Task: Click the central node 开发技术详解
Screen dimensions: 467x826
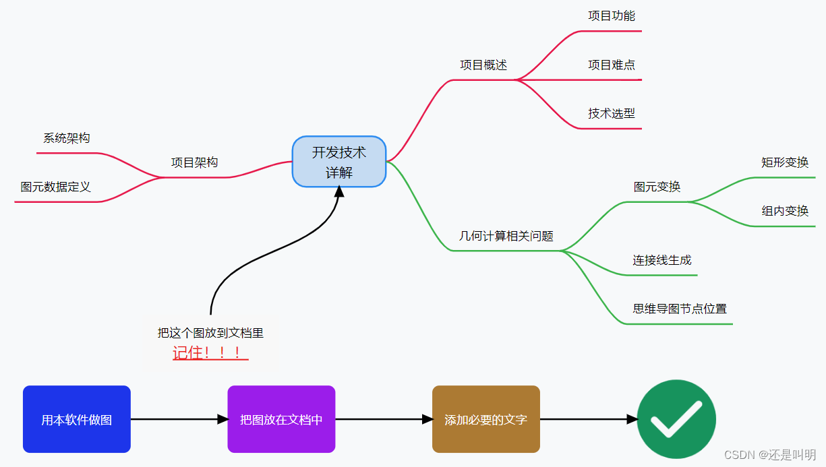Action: click(339, 162)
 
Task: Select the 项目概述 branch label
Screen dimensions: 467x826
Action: click(483, 65)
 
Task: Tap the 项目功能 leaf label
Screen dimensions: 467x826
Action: click(612, 15)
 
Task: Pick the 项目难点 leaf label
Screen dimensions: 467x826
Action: click(612, 65)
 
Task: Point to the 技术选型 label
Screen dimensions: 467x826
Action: click(612, 113)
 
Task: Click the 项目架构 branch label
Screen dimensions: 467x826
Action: click(194, 162)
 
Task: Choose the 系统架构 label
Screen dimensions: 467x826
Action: click(67, 138)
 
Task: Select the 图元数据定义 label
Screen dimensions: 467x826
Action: click(55, 187)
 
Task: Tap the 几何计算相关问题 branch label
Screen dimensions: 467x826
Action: click(506, 236)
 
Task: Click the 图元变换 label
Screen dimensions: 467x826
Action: click(657, 187)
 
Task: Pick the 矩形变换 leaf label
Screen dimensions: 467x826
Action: click(785, 162)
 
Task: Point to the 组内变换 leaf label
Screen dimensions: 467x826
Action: click(785, 211)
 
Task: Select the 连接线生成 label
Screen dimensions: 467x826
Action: click(662, 260)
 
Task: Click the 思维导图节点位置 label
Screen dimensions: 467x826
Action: click(680, 309)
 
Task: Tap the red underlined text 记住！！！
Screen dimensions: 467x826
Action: click(210, 352)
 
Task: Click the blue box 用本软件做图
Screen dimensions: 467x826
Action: click(77, 419)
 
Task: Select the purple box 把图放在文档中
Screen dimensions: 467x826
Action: click(281, 419)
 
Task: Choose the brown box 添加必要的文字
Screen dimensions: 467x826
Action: click(486, 419)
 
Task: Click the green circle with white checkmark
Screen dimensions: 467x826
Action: click(676, 419)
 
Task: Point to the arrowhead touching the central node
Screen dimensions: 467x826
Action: click(339, 192)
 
